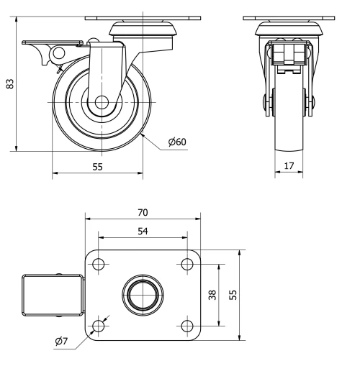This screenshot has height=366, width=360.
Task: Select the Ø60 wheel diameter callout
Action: coord(177,142)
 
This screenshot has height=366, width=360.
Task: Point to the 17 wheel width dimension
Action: coord(288,167)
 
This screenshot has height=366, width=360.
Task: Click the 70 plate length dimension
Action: coord(143,212)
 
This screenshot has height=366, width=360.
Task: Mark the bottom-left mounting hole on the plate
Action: coord(99,327)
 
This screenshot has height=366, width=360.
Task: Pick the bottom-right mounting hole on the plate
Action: coord(187,327)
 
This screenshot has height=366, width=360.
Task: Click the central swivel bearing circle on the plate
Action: coord(143,294)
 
